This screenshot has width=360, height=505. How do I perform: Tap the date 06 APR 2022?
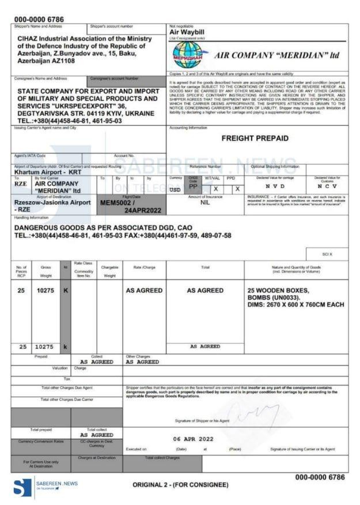coord(193,439)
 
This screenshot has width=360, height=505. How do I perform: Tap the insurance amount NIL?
coord(205,203)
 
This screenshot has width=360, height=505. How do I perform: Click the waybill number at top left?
coord(39,19)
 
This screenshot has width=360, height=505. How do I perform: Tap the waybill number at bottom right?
coord(320,477)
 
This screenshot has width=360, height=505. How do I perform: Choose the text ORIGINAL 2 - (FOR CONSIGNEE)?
coord(180,485)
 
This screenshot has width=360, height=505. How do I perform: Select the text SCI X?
coord(327,254)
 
